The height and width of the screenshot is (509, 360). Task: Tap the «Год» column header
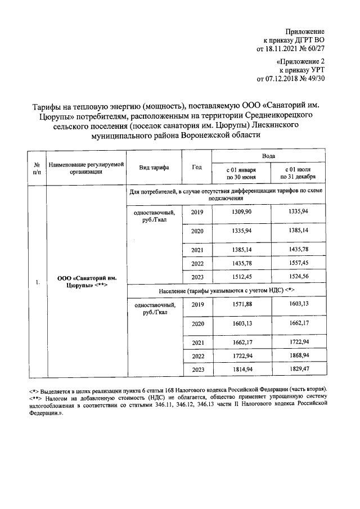196,168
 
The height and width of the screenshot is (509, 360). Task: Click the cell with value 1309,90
241,212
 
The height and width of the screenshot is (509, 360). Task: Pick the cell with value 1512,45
241,277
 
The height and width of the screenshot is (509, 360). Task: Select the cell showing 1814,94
241,370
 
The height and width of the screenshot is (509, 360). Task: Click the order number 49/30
315,79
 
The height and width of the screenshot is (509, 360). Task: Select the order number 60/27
315,49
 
